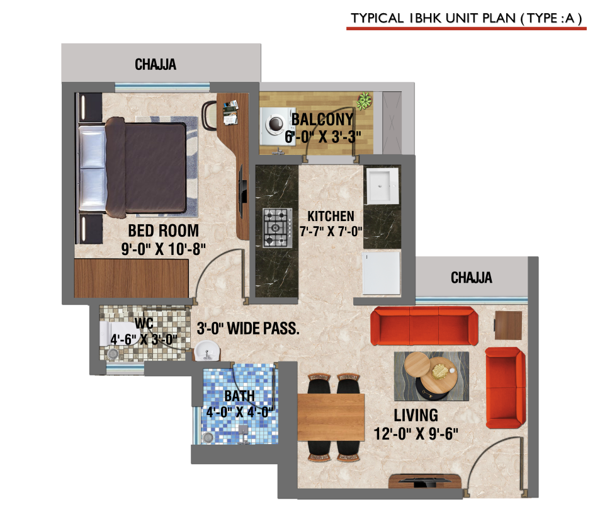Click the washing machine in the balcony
click(x=275, y=126)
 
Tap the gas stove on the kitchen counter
click(x=278, y=228)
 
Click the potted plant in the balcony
click(x=365, y=101)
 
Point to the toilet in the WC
click(x=114, y=334)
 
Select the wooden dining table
click(x=331, y=417)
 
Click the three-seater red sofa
click(x=424, y=326)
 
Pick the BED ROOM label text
click(x=163, y=230)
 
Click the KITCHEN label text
click(x=331, y=216)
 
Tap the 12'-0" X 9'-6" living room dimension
click(x=416, y=434)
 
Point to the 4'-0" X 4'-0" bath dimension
click(x=239, y=412)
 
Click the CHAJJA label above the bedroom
click(x=156, y=64)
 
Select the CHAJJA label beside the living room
click(x=472, y=278)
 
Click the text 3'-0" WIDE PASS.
click(x=248, y=329)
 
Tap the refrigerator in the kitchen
click(x=382, y=273)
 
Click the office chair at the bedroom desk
click(x=210, y=115)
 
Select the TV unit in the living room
click(x=426, y=481)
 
